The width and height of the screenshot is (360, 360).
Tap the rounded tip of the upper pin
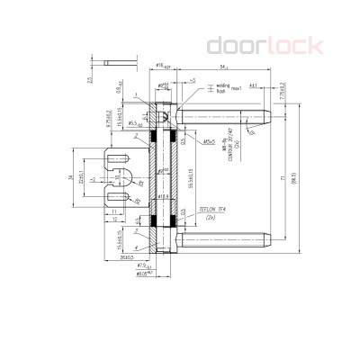pyautogui.click(x=268, y=117)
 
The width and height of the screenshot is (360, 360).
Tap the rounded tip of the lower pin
pyautogui.click(x=268, y=241)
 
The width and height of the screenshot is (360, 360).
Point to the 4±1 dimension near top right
pyautogui.click(x=254, y=86)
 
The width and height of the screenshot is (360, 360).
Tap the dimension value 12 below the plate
pyautogui.click(x=116, y=220)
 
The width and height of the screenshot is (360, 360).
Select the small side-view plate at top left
pyautogui.click(x=118, y=62)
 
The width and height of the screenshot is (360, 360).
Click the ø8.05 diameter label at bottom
pyautogui.click(x=142, y=274)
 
